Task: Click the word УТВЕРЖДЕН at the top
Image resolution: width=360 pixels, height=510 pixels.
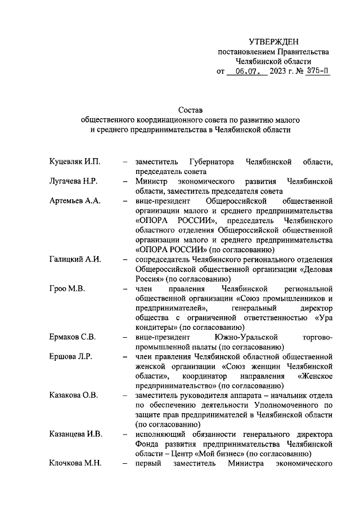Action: [274, 42]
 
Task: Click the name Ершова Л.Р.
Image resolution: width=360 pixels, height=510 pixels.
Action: [70, 356]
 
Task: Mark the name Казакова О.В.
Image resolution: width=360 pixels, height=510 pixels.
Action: [74, 395]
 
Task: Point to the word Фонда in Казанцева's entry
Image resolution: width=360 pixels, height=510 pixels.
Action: [147, 444]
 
